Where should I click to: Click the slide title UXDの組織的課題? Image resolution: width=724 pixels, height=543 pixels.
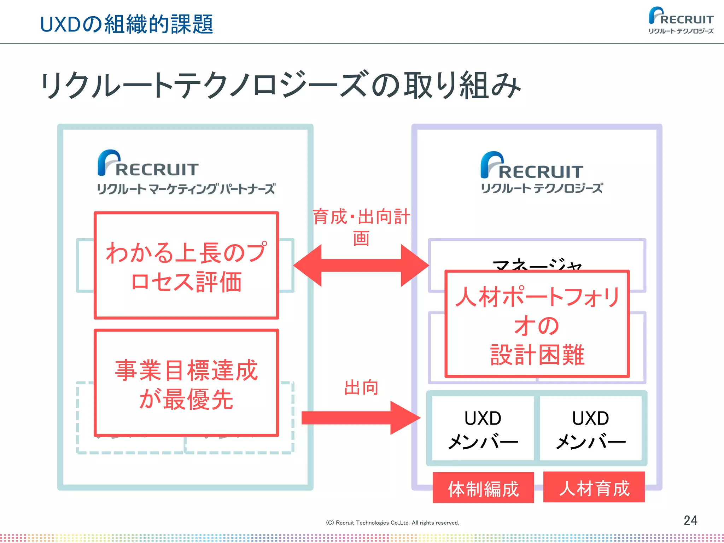coord(127,24)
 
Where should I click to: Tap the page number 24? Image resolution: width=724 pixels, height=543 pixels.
coord(690,520)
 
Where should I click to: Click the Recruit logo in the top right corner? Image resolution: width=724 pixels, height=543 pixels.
coord(681,21)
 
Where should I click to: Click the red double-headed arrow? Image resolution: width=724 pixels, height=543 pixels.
coord(361,265)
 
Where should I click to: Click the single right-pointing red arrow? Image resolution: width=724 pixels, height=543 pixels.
coord(361,418)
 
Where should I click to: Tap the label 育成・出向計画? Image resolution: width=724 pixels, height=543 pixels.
coord(361,226)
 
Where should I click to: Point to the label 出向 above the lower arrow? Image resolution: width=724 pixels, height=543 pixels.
coord(361,387)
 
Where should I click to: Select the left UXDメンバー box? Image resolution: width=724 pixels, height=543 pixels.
coord(483,428)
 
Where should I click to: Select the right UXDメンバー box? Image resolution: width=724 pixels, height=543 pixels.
coord(591,428)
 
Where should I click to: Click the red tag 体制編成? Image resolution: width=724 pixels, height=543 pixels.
coord(483,488)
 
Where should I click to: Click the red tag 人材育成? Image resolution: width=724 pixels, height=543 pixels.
coord(594,487)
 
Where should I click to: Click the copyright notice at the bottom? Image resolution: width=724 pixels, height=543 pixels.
coord(392,522)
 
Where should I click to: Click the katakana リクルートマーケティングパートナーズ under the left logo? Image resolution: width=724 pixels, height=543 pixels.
coord(186,189)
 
